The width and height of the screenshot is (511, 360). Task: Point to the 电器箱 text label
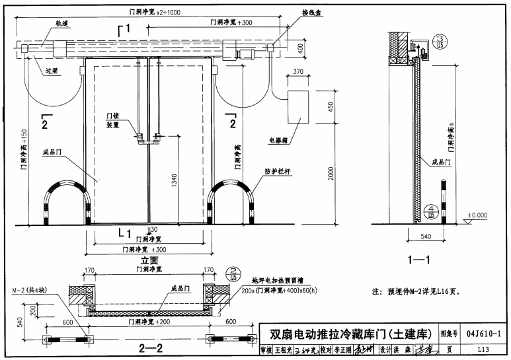pos(279,140)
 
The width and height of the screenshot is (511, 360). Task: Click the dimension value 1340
pos(173,182)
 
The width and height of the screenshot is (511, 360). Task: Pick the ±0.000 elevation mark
pos(477,215)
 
